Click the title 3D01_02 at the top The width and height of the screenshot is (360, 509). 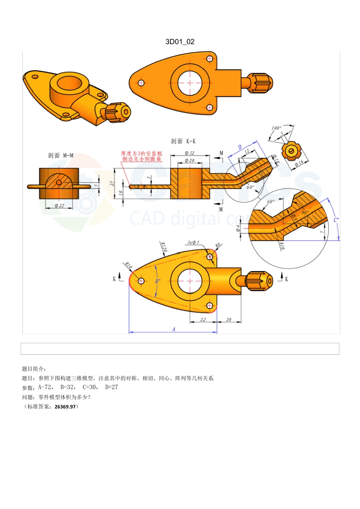click(x=180, y=42)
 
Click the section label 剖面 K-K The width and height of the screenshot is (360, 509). click(x=183, y=141)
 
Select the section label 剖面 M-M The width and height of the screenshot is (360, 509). click(x=61, y=155)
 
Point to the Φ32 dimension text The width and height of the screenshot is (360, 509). click(x=189, y=153)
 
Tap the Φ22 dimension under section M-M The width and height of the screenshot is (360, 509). click(x=59, y=206)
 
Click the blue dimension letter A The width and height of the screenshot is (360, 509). click(x=174, y=329)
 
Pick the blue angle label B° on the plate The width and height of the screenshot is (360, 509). click(x=158, y=281)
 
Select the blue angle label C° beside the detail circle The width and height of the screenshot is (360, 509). click(x=336, y=220)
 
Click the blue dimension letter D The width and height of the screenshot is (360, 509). click(x=240, y=147)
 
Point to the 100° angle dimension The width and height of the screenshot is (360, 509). click(x=276, y=128)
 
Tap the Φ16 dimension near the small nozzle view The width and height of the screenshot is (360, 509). click(x=299, y=164)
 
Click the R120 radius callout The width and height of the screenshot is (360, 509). click(x=164, y=247)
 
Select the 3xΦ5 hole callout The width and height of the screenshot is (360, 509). click(x=193, y=242)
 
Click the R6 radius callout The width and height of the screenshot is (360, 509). click(x=218, y=245)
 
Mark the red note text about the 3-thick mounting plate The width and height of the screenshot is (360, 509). click(x=142, y=156)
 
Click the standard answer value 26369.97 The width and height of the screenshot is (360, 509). click(x=66, y=407)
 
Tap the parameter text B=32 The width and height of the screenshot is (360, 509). click(x=67, y=387)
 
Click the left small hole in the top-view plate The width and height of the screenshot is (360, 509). click(x=141, y=83)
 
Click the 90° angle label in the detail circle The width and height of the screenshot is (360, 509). click(x=305, y=213)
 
